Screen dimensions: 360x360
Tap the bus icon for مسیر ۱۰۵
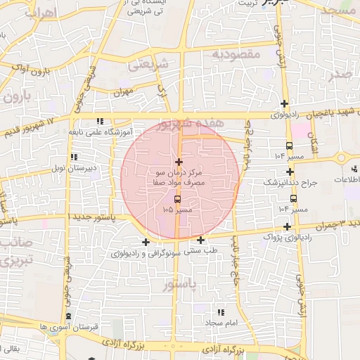[176, 200]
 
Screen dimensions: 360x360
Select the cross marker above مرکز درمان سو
[179, 162]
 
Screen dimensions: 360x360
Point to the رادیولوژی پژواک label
[286, 237]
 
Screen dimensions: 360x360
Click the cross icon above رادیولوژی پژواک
[287, 226]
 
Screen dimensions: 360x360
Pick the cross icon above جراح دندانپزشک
[290, 172]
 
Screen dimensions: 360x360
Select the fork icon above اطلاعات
[354, 168]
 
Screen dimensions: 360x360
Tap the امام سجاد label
[224, 322]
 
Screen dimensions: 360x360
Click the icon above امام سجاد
[221, 311]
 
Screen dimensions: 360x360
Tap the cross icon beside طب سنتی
[201, 240]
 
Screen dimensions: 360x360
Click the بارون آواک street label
[33, 71]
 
